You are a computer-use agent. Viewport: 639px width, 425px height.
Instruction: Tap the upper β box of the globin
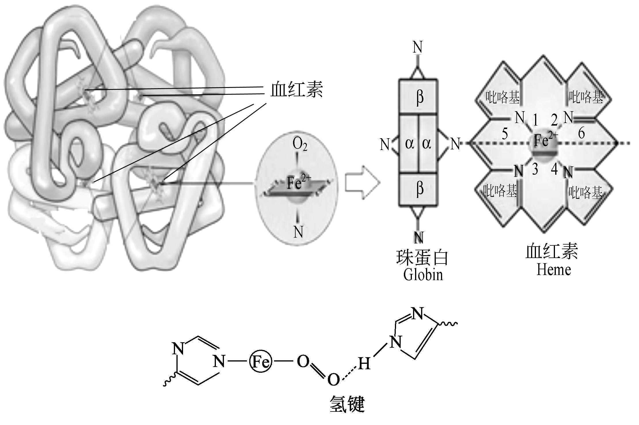[419, 97]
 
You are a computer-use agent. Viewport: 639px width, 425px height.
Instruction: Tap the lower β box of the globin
[419, 189]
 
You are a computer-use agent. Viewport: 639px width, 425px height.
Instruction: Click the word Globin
[423, 274]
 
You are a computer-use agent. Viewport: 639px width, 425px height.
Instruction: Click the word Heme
[554, 270]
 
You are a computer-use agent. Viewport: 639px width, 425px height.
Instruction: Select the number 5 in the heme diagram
[504, 134]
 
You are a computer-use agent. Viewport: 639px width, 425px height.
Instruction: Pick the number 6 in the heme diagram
[581, 133]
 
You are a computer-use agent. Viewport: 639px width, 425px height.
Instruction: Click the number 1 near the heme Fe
[535, 120]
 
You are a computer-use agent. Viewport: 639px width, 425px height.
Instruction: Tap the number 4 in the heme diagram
[554, 169]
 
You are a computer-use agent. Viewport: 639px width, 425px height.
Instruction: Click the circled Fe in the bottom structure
[260, 361]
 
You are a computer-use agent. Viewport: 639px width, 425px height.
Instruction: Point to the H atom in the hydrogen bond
[364, 364]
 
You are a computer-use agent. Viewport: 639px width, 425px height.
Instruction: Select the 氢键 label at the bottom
[347, 404]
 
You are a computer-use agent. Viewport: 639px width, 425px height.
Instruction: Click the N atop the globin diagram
[417, 47]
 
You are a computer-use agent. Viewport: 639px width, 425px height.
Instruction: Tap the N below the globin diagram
[419, 237]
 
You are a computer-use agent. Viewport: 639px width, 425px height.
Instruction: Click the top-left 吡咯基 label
[502, 97]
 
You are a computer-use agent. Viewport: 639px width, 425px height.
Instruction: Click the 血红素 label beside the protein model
[296, 89]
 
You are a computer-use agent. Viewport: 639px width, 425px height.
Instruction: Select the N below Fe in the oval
[298, 232]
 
